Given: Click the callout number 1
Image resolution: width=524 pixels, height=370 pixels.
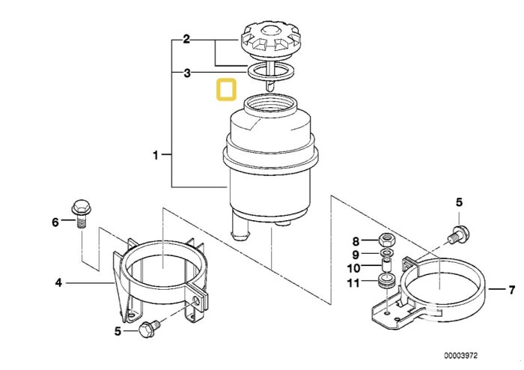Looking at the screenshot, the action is coord(156,155).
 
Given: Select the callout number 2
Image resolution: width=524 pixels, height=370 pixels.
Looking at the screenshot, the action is coord(186,40).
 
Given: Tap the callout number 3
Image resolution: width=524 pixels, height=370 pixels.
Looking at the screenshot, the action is coord(187,73).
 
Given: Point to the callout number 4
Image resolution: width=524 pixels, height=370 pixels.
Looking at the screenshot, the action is coord(58,283).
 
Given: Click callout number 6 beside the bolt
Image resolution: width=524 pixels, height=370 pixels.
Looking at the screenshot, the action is coord(55,222).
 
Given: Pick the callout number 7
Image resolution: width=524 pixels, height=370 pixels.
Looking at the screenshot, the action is coord(511,289).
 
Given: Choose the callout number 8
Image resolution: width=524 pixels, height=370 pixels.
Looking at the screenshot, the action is coord(356,241).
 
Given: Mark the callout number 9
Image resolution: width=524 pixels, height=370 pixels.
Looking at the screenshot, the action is coord(356,255).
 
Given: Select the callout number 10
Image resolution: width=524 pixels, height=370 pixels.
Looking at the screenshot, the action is coord(354,268).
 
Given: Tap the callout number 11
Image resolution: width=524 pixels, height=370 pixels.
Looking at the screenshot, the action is coord(353,283).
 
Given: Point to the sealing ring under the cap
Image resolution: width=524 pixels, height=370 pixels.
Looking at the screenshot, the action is coord(270,71).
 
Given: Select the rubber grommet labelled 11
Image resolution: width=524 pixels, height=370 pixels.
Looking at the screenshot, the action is coord(386,280).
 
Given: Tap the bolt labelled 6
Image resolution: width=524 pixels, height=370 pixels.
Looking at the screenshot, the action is coord(81,213).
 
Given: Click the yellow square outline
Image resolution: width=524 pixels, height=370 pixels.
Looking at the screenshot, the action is coord(227,90).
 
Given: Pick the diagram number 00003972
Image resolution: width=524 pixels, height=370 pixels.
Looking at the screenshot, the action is coord(461,355).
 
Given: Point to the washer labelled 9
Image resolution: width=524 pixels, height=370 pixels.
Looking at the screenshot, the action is coord(387,252).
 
